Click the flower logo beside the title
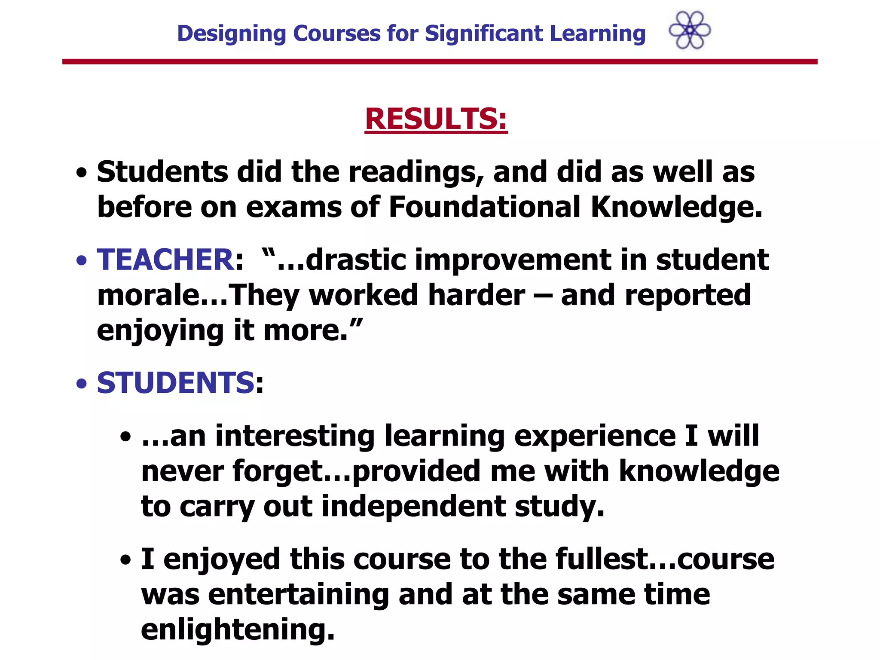[x=690, y=30]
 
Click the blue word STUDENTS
[x=176, y=383]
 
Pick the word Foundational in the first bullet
[x=484, y=207]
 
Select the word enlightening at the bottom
[x=238, y=630]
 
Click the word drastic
[x=356, y=260]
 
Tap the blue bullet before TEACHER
[x=82, y=261]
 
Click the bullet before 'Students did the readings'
[x=82, y=173]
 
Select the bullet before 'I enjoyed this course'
[x=126, y=560]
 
